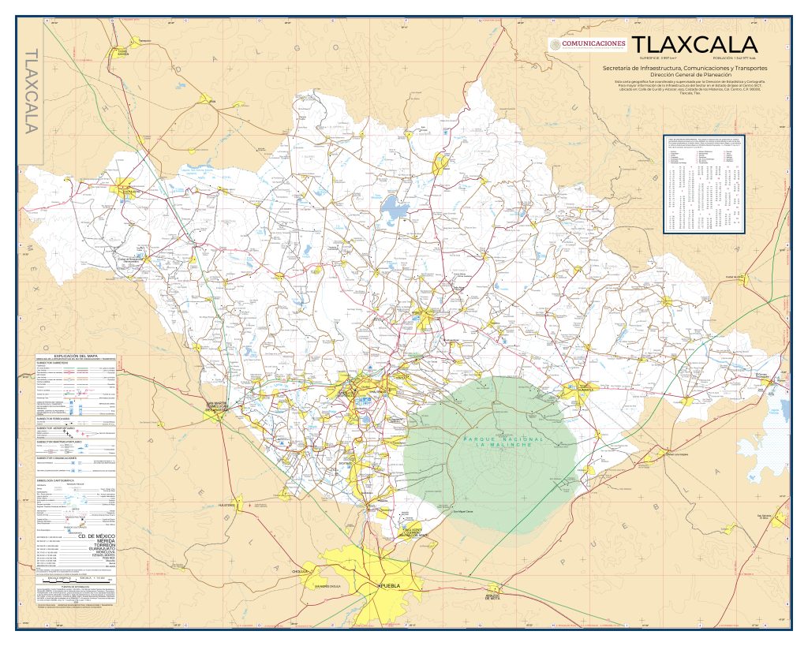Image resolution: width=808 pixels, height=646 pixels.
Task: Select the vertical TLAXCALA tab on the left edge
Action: point(32,91)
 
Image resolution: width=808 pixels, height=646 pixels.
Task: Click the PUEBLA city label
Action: point(392,588)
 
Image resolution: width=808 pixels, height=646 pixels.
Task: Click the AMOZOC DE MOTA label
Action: point(494,596)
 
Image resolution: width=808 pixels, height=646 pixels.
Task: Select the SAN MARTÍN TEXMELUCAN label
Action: point(216,407)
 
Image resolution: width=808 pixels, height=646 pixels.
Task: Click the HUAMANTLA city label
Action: point(585,390)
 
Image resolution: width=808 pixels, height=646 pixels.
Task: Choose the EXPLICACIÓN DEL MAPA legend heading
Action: point(77,356)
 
